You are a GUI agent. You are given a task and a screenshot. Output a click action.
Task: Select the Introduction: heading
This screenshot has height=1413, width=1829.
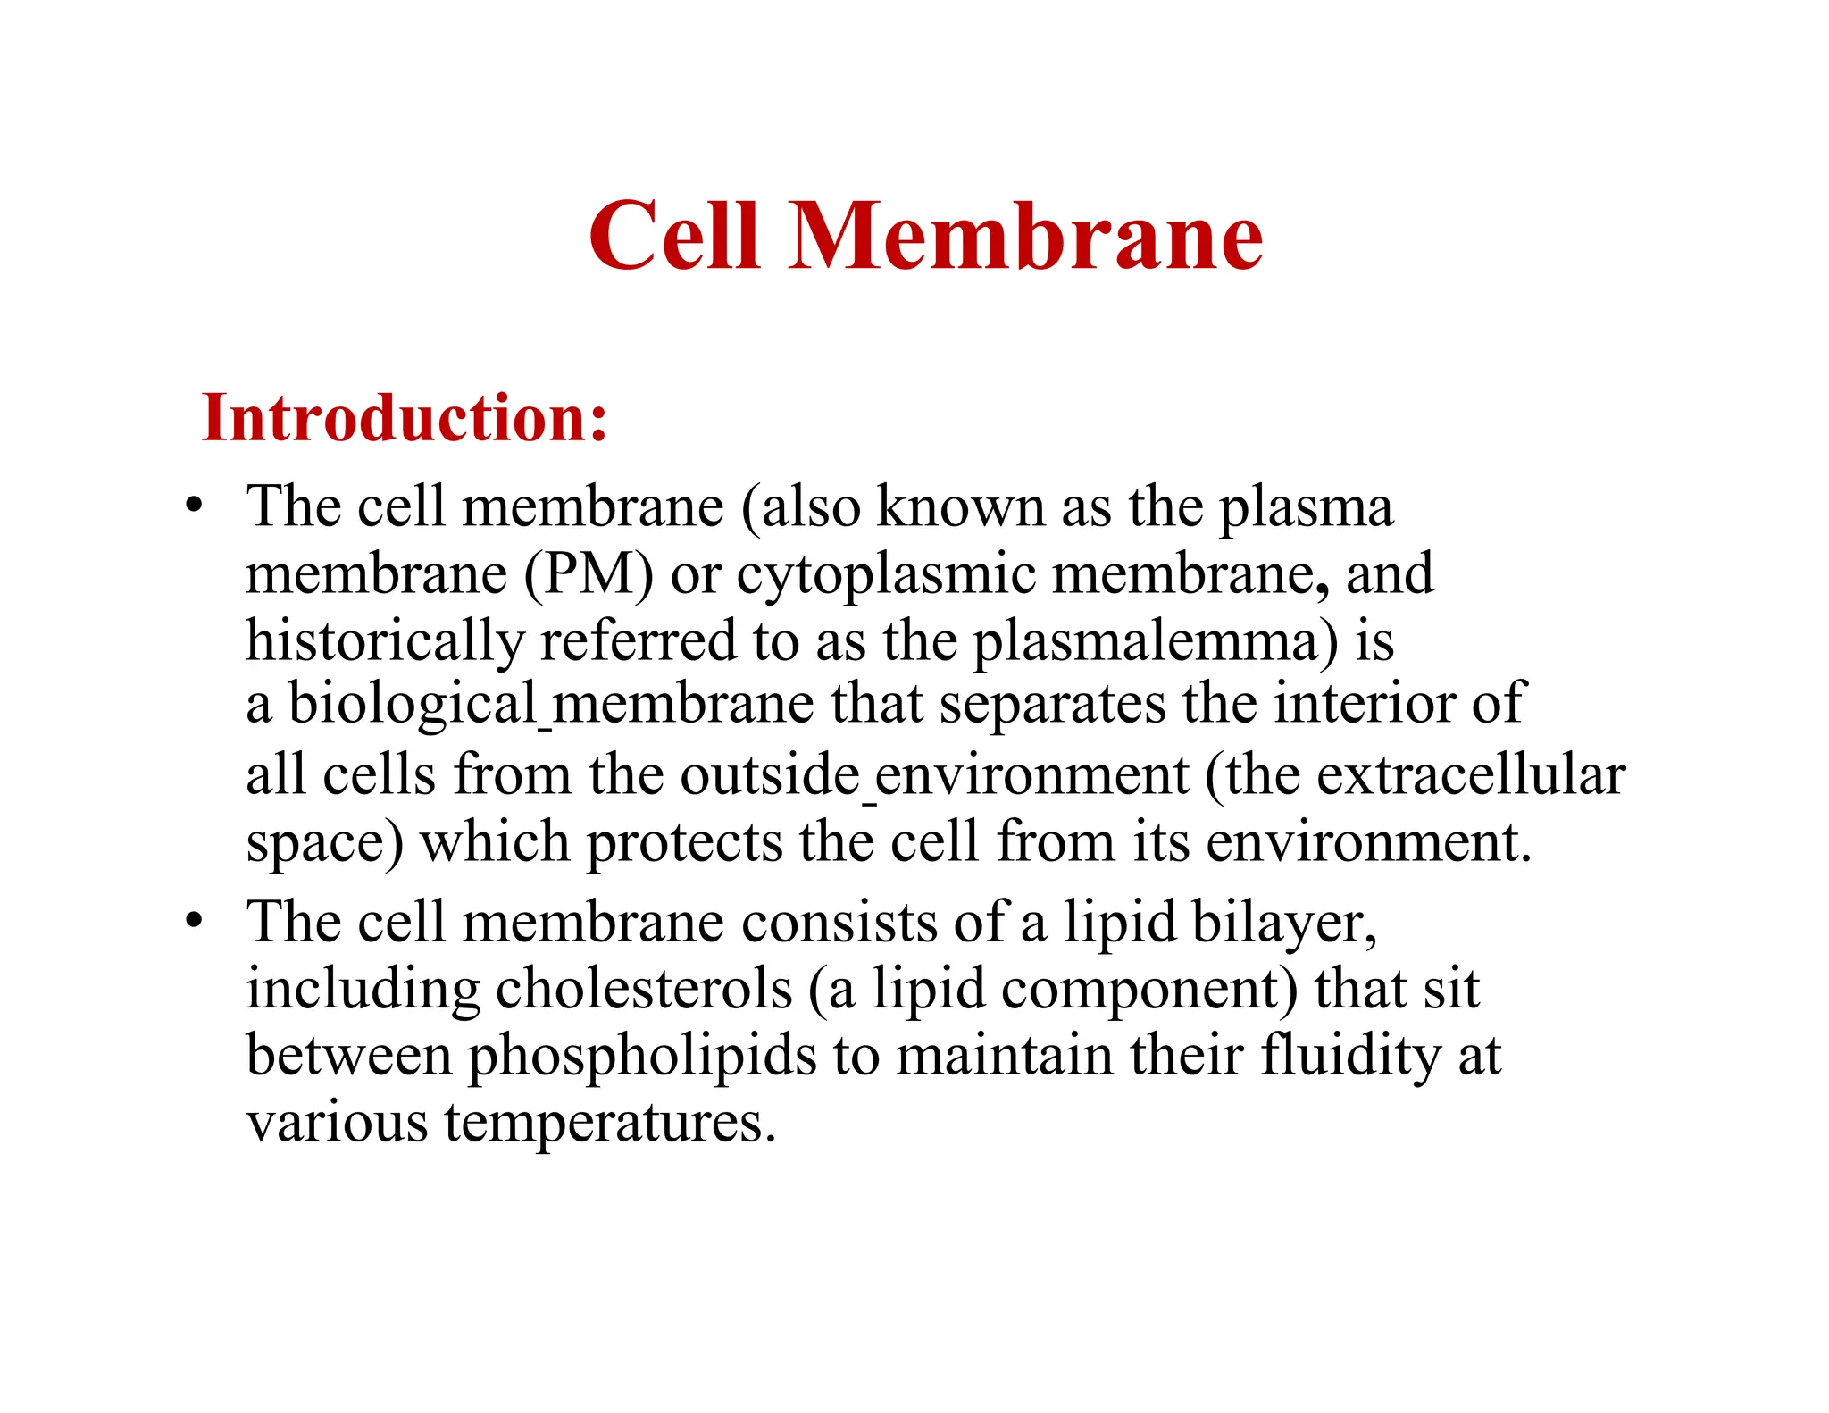click(405, 418)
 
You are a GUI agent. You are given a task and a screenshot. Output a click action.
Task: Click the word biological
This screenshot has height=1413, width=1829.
click(413, 705)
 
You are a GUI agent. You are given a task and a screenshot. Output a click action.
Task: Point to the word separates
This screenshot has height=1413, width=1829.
click(1053, 705)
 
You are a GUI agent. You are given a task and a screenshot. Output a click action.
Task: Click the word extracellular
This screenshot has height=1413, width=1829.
click(1471, 774)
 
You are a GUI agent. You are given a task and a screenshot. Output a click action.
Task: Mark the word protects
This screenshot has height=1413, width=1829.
click(684, 842)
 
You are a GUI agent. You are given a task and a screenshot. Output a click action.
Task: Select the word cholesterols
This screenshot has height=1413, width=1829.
click(644, 989)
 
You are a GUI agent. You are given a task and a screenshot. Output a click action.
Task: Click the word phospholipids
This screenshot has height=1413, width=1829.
click(642, 1058)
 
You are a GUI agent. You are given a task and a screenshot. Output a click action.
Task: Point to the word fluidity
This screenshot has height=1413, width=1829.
click(1350, 1056)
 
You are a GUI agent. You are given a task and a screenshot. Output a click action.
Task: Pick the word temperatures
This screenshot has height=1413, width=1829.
click(610, 1123)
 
